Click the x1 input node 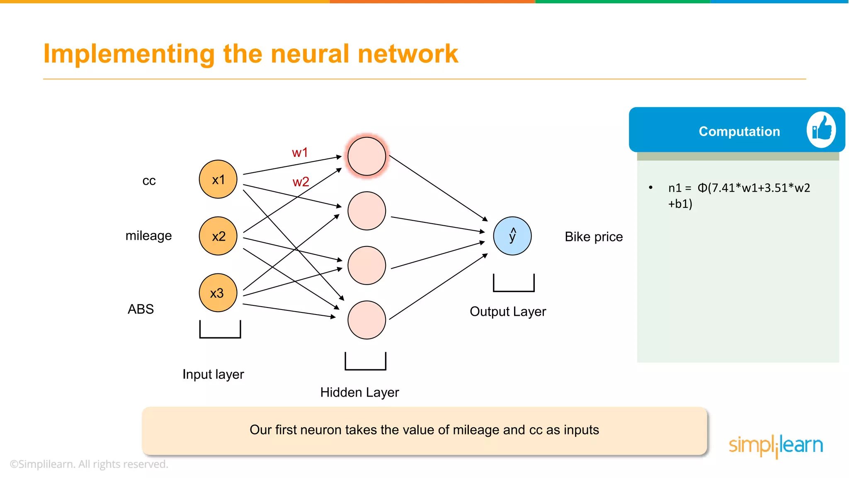(x=218, y=179)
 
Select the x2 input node (x=218, y=236)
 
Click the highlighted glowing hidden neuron (x=366, y=156)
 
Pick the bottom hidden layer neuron (x=366, y=320)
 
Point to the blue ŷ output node (x=512, y=236)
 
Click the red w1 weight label (x=300, y=153)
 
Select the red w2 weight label (x=301, y=182)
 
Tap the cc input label (x=149, y=181)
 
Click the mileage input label (x=148, y=236)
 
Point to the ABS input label (x=141, y=309)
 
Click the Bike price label (x=594, y=237)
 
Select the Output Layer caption (x=507, y=312)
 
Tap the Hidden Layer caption (x=359, y=393)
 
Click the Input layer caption (x=213, y=374)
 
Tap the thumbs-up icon (x=821, y=130)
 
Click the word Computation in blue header (x=739, y=132)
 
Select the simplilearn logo (x=776, y=446)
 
